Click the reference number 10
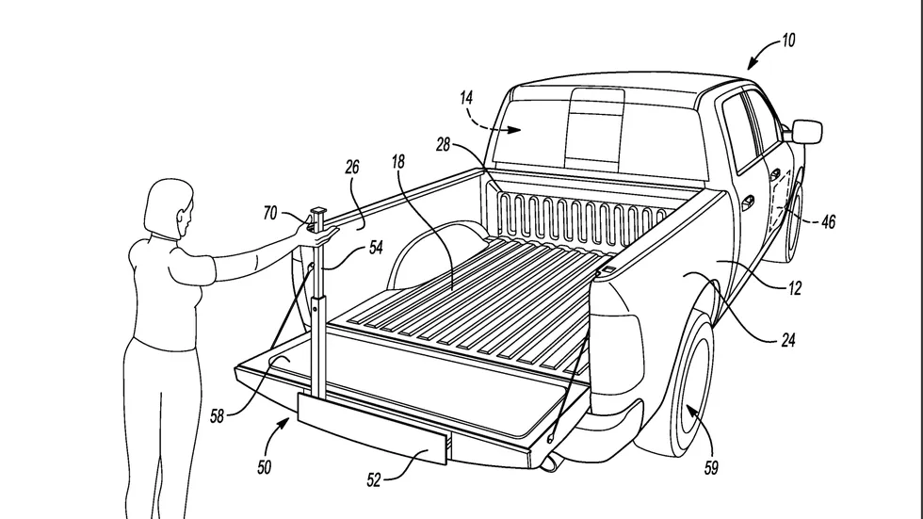click(788, 41)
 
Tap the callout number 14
click(466, 98)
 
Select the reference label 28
click(443, 144)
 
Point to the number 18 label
click(398, 162)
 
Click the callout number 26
click(352, 167)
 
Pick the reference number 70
click(270, 213)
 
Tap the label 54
click(376, 248)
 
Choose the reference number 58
click(218, 416)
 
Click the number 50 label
click(265, 467)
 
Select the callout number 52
click(374, 480)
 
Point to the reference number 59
click(711, 468)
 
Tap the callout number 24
click(788, 339)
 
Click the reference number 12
click(795, 288)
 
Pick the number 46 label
click(828, 222)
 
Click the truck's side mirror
click(806, 131)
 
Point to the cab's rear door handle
click(748, 202)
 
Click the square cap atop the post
click(318, 210)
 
